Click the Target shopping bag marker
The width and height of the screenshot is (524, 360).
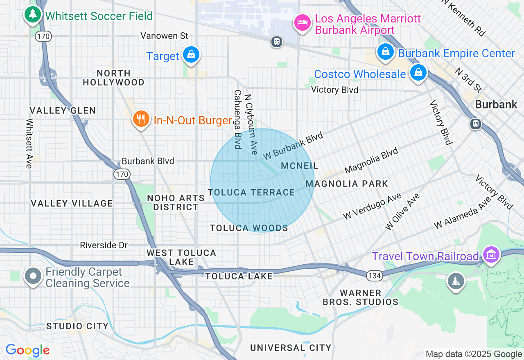click(x=190, y=54)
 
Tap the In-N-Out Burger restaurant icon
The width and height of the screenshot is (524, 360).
click(x=141, y=119)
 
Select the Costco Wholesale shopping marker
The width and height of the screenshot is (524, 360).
click(x=418, y=73)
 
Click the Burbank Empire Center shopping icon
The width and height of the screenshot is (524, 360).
click(x=385, y=52)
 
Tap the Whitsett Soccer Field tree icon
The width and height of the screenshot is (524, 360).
click(x=32, y=15)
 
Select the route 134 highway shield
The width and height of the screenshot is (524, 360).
click(x=374, y=275)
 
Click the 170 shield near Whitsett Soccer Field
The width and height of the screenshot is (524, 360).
click(x=43, y=36)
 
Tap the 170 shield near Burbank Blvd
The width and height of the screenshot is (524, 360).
click(x=122, y=175)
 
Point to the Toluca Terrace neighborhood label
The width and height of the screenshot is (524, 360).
click(x=251, y=192)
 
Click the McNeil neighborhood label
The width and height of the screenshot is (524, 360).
click(x=300, y=166)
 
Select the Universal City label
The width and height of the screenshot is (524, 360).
click(x=291, y=348)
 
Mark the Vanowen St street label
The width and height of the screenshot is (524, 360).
click(x=164, y=36)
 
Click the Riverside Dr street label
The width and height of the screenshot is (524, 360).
click(x=104, y=245)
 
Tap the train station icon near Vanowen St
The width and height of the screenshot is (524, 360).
click(x=277, y=41)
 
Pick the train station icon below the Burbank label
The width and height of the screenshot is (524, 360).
click(x=475, y=124)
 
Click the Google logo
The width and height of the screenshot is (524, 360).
click(x=27, y=351)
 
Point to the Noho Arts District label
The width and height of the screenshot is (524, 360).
click(x=176, y=202)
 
